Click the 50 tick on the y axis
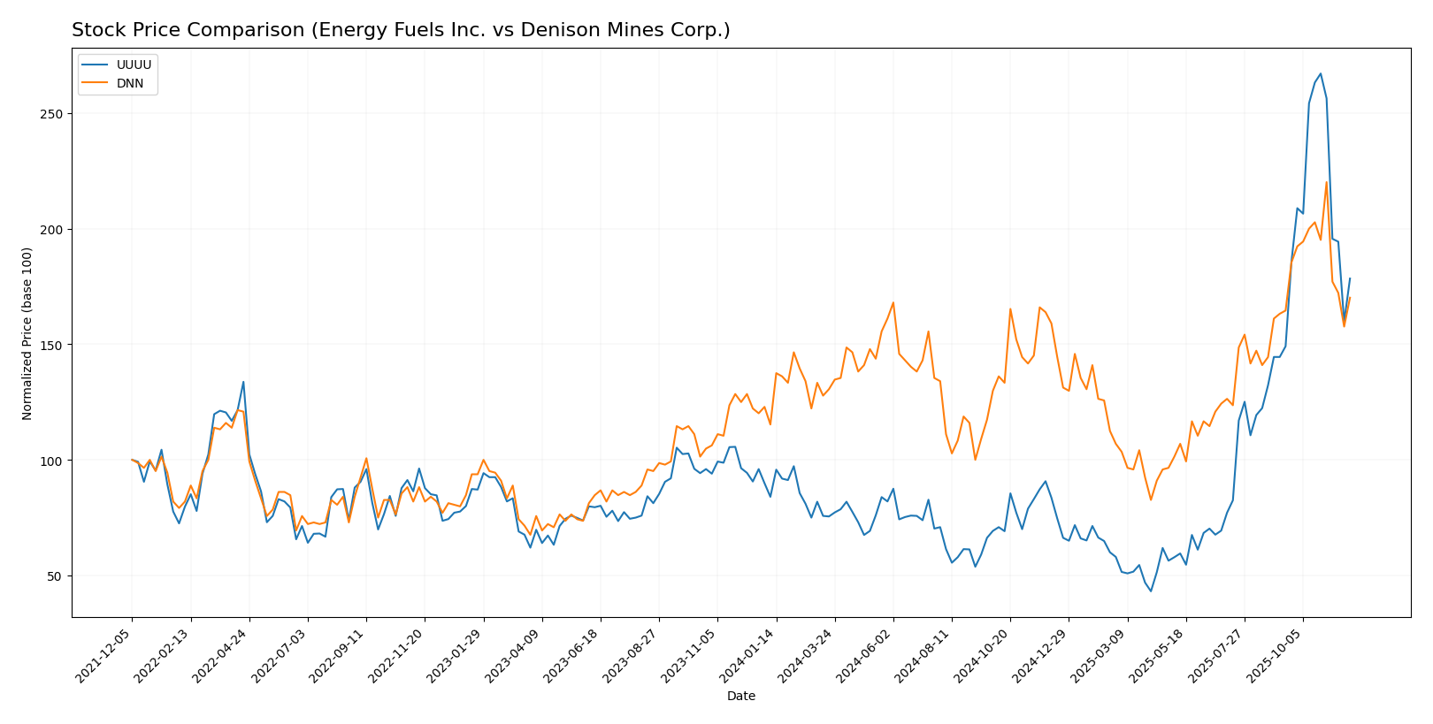point(55,576)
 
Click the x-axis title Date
point(741,697)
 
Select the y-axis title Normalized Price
point(27,333)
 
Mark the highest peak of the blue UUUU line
point(1320,73)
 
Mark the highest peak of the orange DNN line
point(1326,182)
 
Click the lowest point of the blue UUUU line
point(1151,591)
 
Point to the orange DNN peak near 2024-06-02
point(893,302)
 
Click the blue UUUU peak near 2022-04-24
point(243,382)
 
